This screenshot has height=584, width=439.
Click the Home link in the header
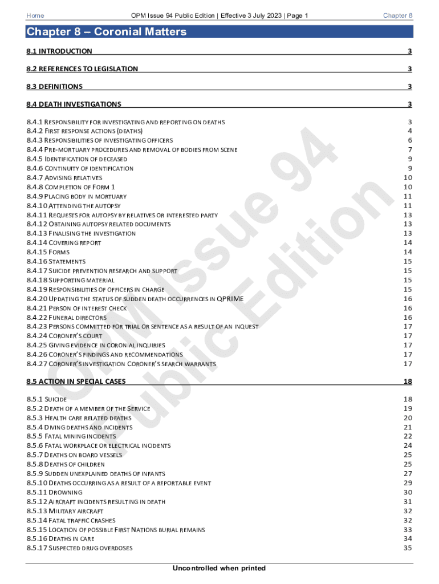point(35,15)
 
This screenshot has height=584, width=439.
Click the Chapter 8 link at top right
point(397,15)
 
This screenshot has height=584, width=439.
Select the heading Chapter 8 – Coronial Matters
point(107,32)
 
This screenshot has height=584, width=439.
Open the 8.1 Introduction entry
point(59,51)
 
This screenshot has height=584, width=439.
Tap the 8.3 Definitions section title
point(55,87)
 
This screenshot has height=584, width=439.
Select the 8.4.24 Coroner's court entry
point(64,336)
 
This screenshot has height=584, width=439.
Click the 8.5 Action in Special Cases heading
point(76,381)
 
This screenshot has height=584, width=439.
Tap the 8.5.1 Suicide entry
point(47,399)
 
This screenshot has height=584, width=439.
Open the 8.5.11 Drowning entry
point(54,492)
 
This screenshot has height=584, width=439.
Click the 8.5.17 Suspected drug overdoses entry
point(79,548)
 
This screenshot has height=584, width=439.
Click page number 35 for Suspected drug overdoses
point(407,548)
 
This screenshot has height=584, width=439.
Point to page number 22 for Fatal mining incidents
point(407,436)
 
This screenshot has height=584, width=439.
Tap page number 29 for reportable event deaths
point(407,483)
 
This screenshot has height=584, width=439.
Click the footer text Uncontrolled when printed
point(219,568)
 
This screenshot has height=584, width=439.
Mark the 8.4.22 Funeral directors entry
point(66,317)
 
